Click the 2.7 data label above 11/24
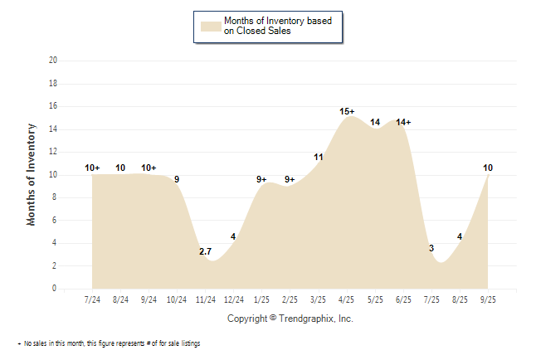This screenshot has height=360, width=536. [x=205, y=251]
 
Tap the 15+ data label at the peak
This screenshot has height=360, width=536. [x=347, y=111]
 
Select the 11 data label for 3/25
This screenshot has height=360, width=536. [x=318, y=157]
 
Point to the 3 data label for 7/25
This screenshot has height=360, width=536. [x=431, y=249]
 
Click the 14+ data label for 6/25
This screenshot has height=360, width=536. [x=403, y=123]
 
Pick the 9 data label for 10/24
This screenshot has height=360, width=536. [x=177, y=179]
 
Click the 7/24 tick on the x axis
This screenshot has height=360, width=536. [x=92, y=299]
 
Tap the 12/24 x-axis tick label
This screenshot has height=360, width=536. [x=233, y=299]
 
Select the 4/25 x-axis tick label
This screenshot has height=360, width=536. [x=347, y=299]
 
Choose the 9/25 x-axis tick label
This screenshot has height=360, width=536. [x=488, y=299]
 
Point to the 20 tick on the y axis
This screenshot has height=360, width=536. [x=53, y=61]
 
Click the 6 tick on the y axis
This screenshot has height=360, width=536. [x=55, y=221]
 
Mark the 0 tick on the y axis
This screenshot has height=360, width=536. [x=55, y=289]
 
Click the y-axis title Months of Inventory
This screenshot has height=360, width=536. [x=32, y=175]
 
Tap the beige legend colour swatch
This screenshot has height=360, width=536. [x=209, y=27]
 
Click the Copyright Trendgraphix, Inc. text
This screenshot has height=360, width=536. [x=290, y=319]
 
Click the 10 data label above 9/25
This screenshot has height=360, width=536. [x=488, y=168]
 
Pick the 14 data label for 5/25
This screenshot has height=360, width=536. [x=375, y=123]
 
